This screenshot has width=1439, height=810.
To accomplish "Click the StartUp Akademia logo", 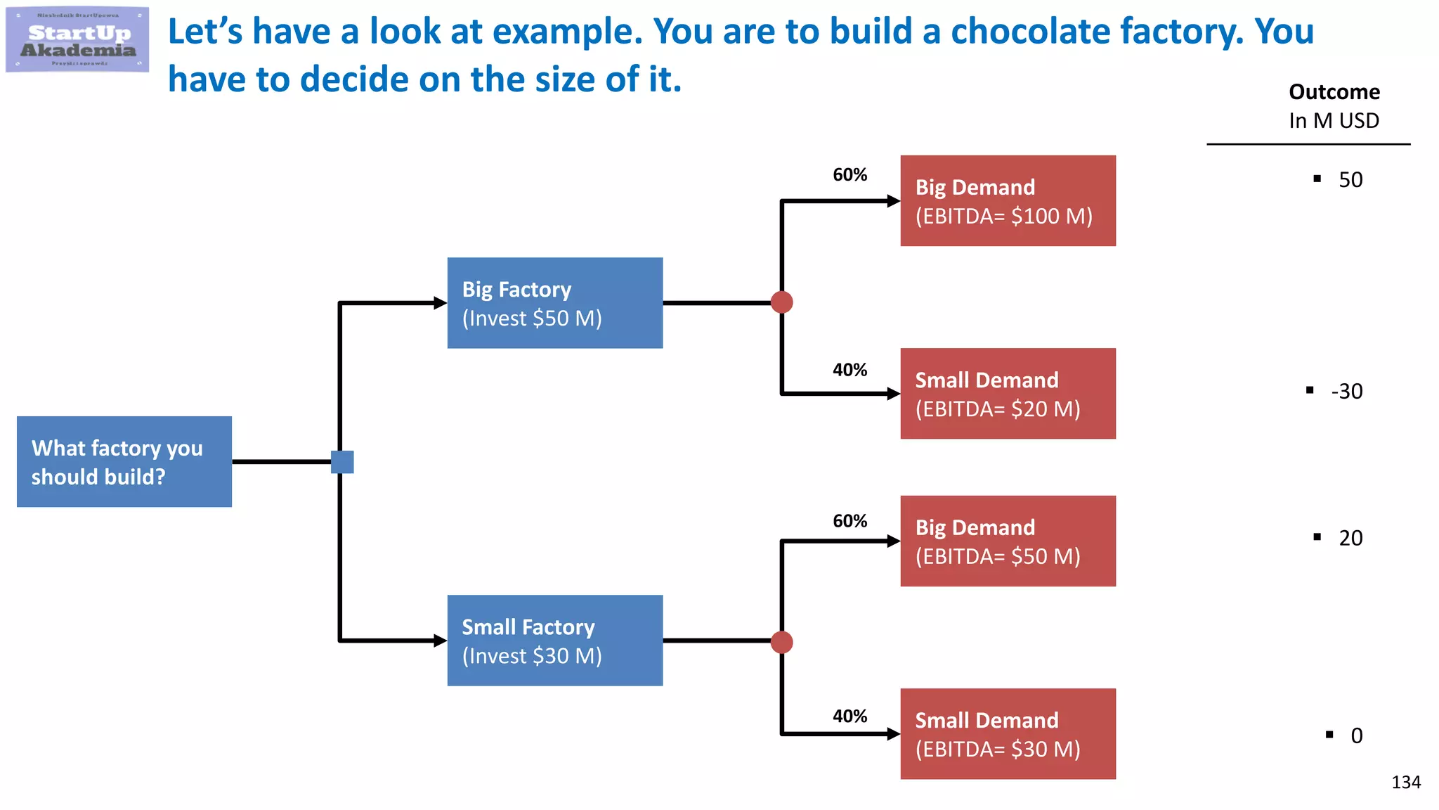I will point(77,39).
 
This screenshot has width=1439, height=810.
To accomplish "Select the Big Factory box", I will point(554,303).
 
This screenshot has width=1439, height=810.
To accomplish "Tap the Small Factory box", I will point(554,641).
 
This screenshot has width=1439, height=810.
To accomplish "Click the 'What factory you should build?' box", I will point(124,462).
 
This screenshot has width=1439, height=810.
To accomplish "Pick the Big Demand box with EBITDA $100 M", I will point(1008,201).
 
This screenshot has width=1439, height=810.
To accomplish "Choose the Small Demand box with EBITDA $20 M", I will point(1008,394).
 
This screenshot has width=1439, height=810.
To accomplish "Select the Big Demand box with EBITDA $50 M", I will point(1008,541).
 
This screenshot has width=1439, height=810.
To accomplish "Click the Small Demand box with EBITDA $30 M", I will point(1008,734).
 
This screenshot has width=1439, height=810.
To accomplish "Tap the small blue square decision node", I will point(342,462).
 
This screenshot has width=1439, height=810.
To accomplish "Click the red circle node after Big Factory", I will point(782,302).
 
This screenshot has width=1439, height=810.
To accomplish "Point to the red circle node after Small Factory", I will point(782,642).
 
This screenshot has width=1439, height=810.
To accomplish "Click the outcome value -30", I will point(1346,391).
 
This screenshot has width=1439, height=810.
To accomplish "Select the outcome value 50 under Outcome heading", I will point(1350,180).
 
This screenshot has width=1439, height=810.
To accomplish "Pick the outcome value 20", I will point(1350,538).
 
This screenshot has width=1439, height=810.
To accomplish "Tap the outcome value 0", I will point(1356,735).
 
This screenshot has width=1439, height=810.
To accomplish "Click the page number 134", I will point(1405,782).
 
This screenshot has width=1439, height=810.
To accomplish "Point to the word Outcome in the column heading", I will point(1334,92).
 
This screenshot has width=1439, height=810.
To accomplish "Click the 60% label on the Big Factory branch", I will point(849,174).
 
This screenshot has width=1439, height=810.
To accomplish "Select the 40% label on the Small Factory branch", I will point(849,716).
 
